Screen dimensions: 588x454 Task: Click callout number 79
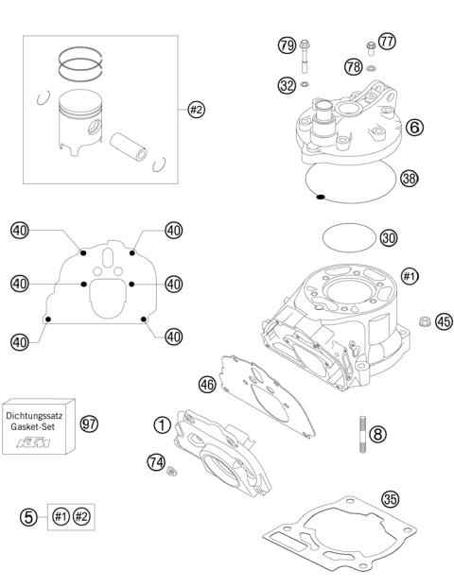(x=284, y=44)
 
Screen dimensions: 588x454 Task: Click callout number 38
(x=410, y=177)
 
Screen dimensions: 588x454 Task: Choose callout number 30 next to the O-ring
(x=388, y=237)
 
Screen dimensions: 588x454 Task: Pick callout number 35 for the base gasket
(x=388, y=498)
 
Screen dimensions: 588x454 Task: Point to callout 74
(x=156, y=461)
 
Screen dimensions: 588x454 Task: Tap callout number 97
(x=90, y=424)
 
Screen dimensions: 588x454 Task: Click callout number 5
(x=28, y=516)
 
